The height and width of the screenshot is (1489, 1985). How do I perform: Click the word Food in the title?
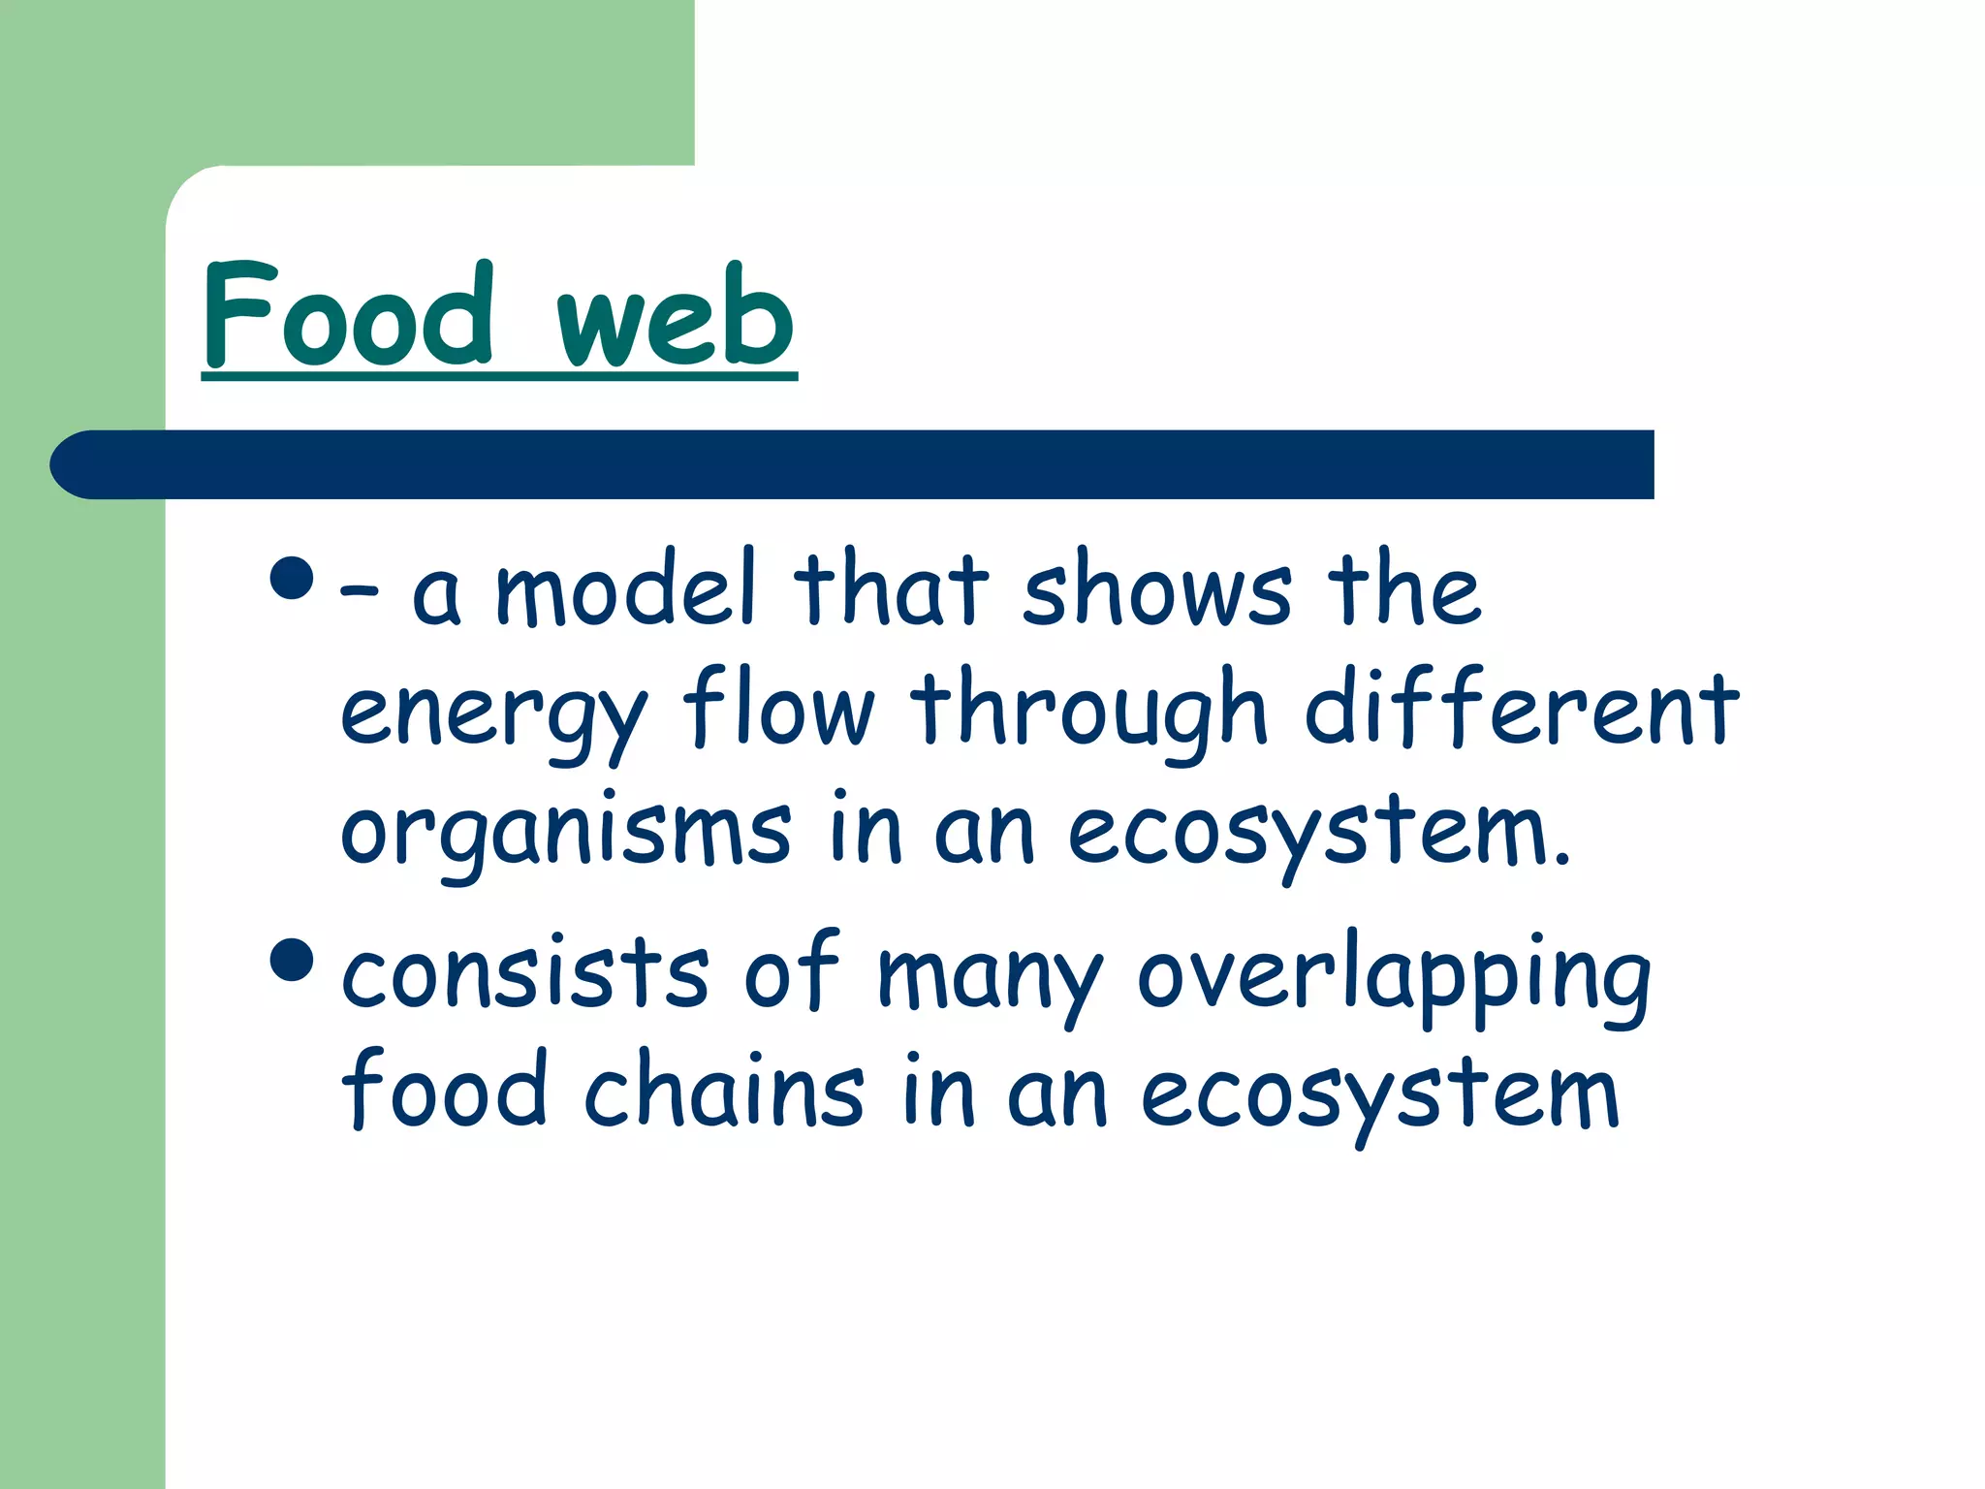tap(349, 315)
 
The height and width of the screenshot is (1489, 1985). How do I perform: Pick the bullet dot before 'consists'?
tap(293, 959)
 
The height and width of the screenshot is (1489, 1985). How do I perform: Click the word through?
tap(1089, 713)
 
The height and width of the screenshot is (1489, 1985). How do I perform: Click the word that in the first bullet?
tap(891, 588)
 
